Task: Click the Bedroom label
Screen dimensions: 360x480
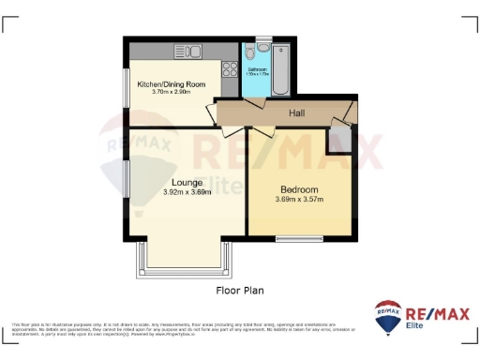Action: pyautogui.click(x=298, y=189)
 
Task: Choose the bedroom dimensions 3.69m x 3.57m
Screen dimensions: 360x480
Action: pyautogui.click(x=298, y=199)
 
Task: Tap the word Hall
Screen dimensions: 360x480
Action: pyautogui.click(x=296, y=113)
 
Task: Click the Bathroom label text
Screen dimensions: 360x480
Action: pyautogui.click(x=257, y=68)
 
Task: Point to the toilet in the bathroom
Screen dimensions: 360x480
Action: pyautogui.click(x=264, y=46)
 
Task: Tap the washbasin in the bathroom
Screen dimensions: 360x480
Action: pyautogui.click(x=249, y=48)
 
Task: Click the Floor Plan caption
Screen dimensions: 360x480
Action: pyautogui.click(x=237, y=291)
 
